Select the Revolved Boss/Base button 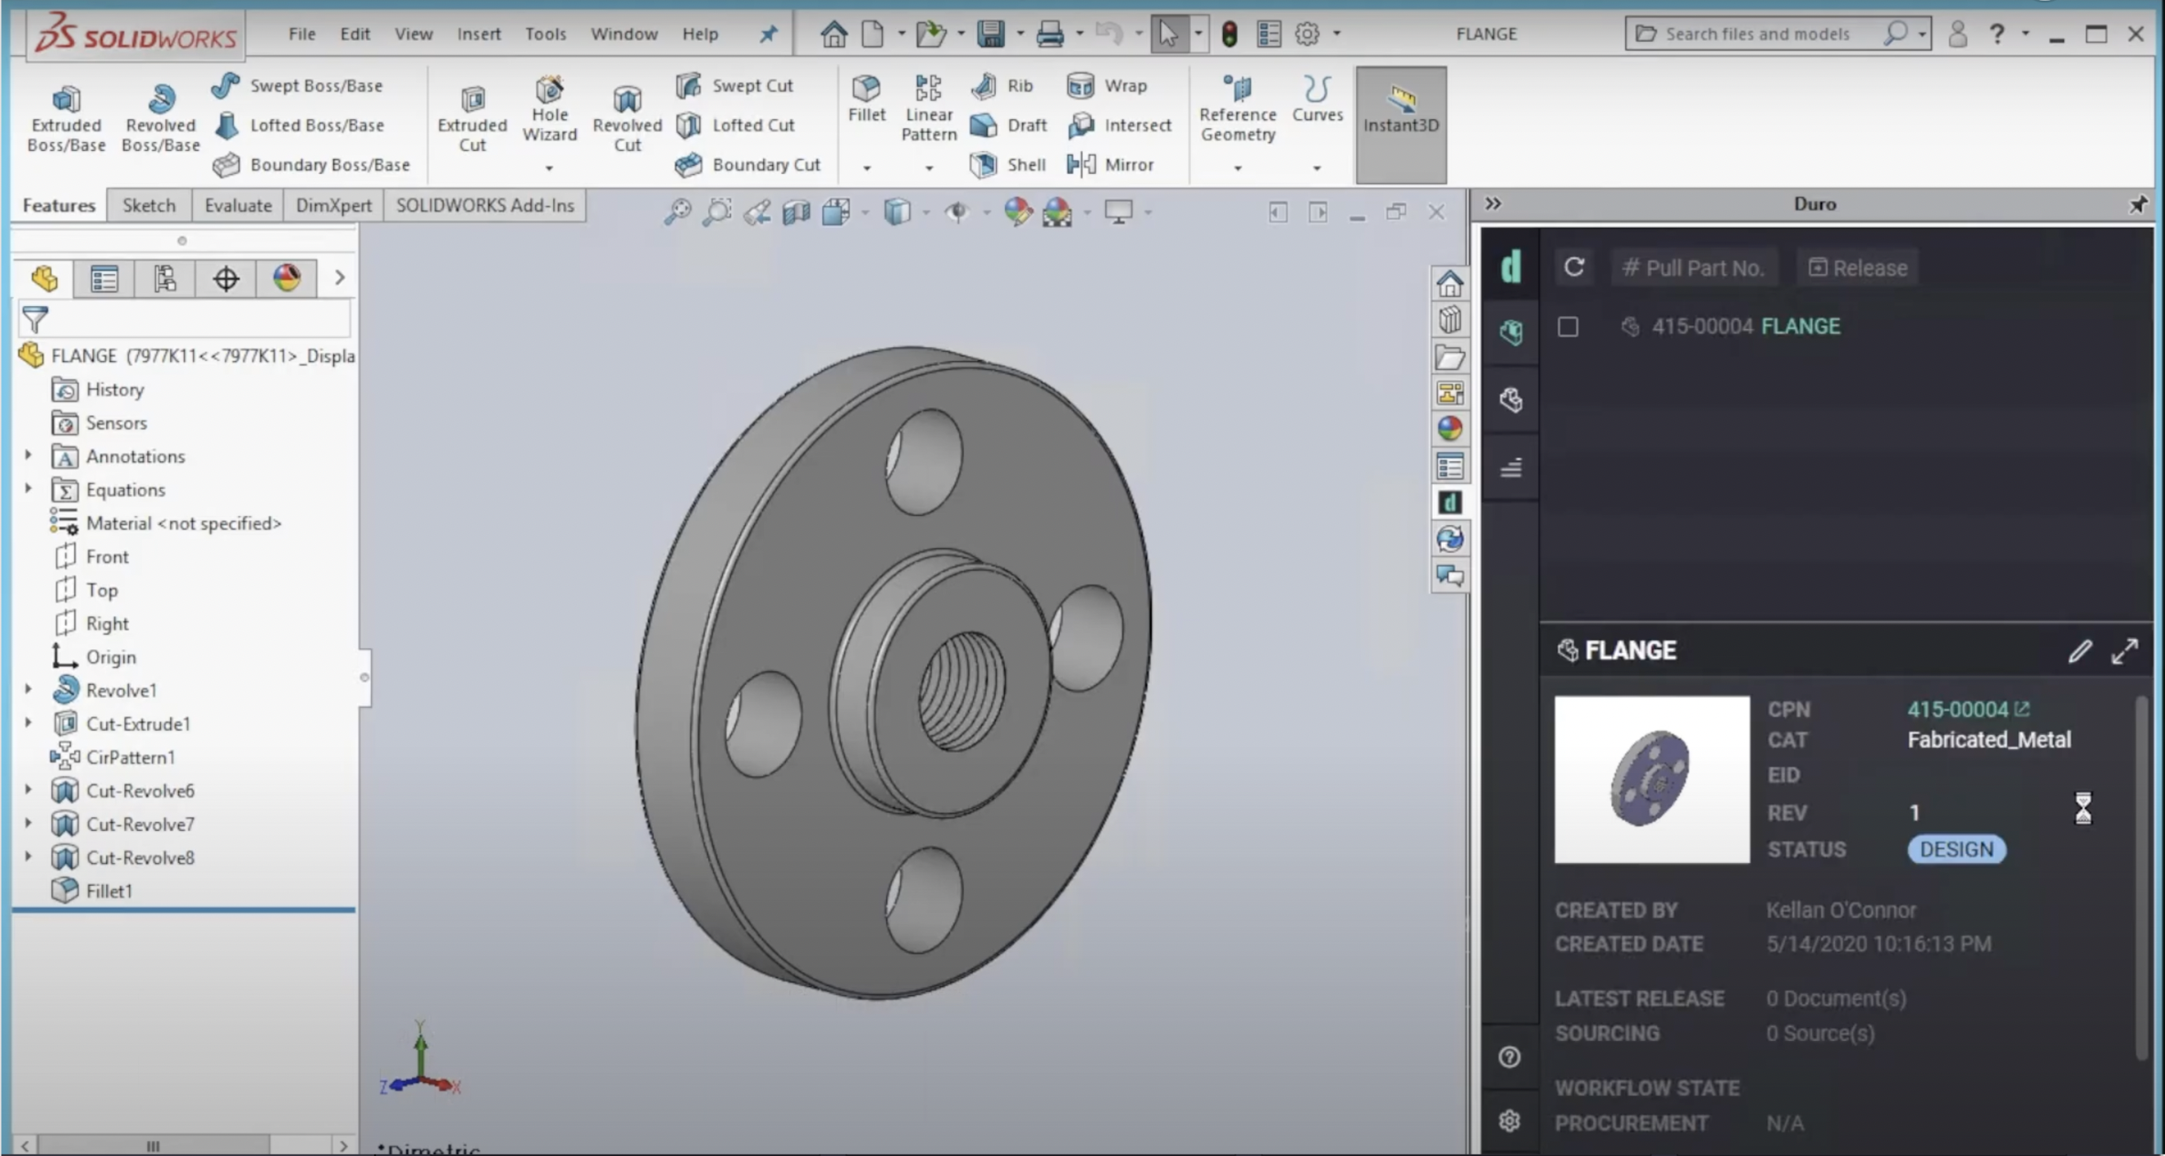point(160,118)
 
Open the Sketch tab point(149,206)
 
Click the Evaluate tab point(238,206)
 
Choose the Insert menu point(478,33)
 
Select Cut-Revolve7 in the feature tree point(140,825)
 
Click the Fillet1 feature point(109,891)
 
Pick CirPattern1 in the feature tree point(130,757)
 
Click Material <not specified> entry point(182,523)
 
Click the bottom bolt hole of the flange point(925,899)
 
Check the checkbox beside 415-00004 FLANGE point(1568,326)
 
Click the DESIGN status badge point(1956,849)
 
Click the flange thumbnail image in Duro point(1651,779)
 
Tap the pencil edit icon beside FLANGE point(2079,651)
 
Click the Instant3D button point(1400,113)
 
